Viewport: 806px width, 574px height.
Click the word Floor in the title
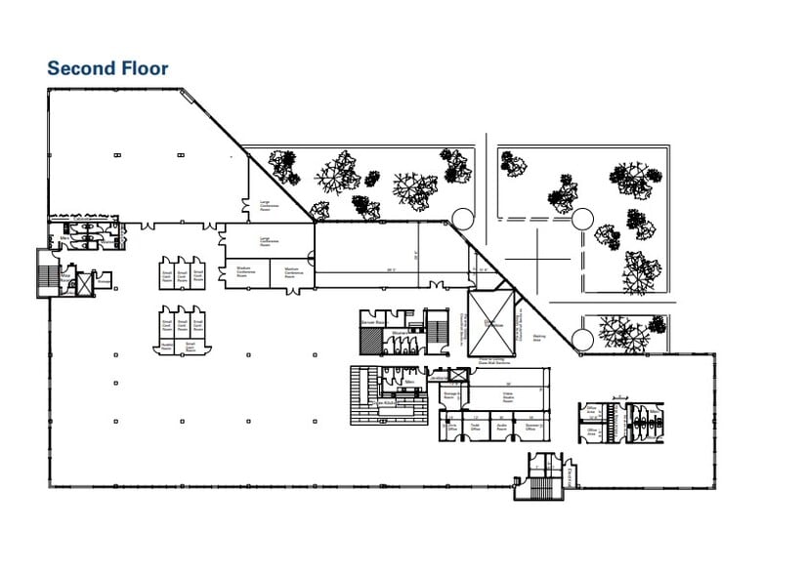(144, 68)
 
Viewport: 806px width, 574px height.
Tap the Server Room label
(372, 321)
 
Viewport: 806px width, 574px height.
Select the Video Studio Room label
(509, 397)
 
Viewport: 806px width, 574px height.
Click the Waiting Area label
(538, 340)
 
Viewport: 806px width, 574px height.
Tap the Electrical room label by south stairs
(569, 475)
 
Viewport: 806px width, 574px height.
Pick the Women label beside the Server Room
(401, 332)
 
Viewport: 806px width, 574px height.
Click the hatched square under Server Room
(372, 341)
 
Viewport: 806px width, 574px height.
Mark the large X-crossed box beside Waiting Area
(492, 323)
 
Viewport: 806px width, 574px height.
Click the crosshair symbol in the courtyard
(537, 259)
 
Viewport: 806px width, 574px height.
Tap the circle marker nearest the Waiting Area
(581, 339)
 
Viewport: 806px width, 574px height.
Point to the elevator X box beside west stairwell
(84, 284)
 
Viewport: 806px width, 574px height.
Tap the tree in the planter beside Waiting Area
(622, 333)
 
